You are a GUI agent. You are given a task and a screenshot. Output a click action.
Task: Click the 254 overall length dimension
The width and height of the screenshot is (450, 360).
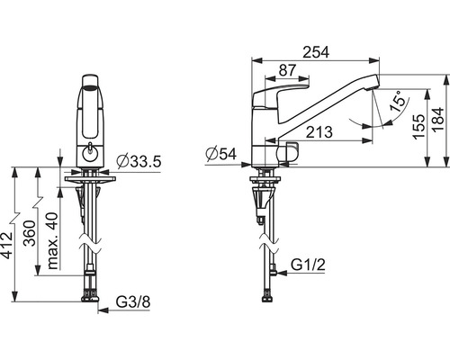[x=316, y=52]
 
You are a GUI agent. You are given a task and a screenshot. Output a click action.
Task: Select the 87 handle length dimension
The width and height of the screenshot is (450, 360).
[x=287, y=70]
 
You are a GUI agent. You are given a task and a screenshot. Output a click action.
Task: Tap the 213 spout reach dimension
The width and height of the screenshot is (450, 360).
[x=319, y=132]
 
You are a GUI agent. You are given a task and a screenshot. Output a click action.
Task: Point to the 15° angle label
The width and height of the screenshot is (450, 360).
[x=399, y=102]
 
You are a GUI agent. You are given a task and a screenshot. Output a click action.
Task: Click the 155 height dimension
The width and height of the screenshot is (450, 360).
[x=418, y=127]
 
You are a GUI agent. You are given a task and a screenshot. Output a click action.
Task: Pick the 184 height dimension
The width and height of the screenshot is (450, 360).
[x=437, y=119]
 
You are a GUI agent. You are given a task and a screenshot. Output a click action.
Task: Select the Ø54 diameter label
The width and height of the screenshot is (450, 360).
[x=221, y=154]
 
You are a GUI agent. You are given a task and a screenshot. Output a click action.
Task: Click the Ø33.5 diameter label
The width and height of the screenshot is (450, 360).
[x=139, y=162]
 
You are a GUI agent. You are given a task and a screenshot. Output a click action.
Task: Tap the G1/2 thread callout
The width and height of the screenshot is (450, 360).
[x=308, y=265]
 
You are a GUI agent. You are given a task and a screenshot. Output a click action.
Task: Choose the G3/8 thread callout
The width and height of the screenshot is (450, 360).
[x=133, y=302]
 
